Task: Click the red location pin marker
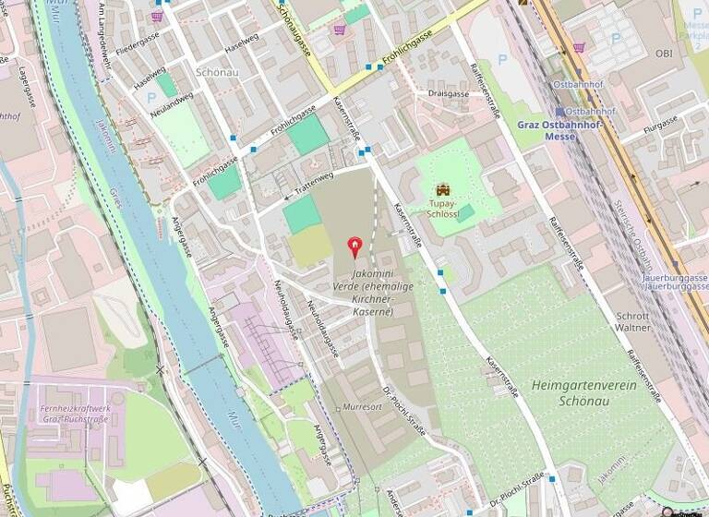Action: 354,246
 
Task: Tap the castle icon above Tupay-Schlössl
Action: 440,190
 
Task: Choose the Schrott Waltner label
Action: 632,319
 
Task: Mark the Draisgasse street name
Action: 443,93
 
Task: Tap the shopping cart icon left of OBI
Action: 579,46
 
